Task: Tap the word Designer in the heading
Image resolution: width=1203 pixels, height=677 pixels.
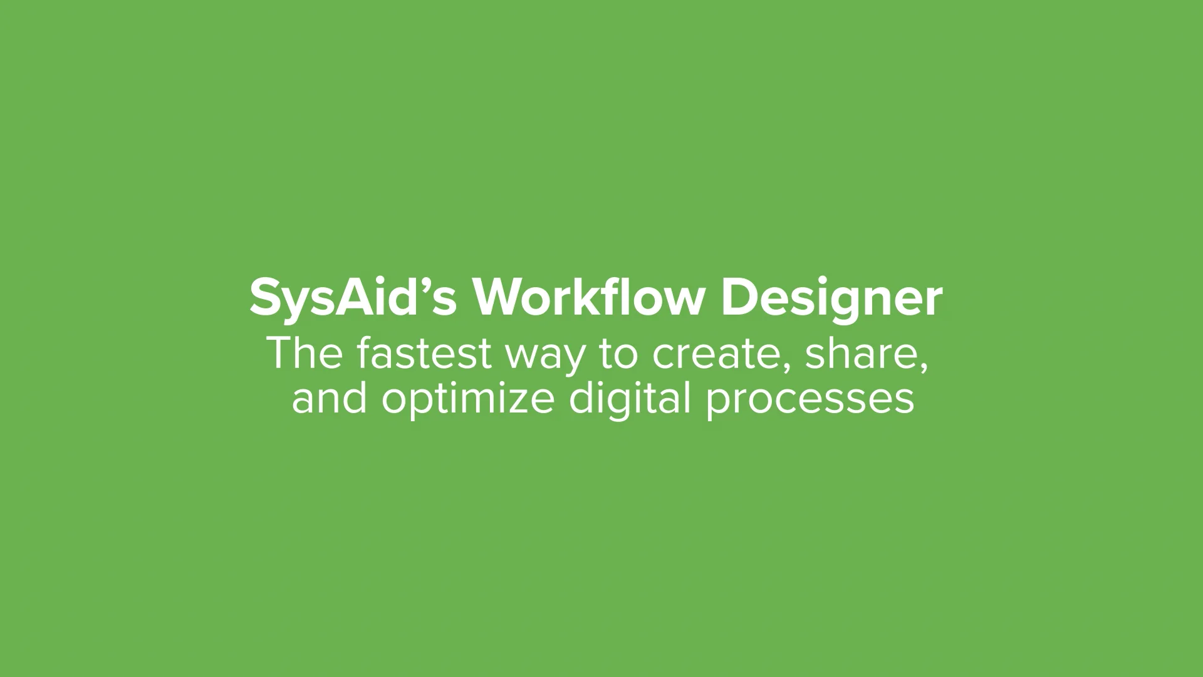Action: [831, 300]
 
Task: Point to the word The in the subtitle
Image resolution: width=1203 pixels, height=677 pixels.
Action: [305, 354]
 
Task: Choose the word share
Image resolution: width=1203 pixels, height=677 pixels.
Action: [861, 354]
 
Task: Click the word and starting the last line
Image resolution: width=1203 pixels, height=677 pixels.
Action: [329, 399]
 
